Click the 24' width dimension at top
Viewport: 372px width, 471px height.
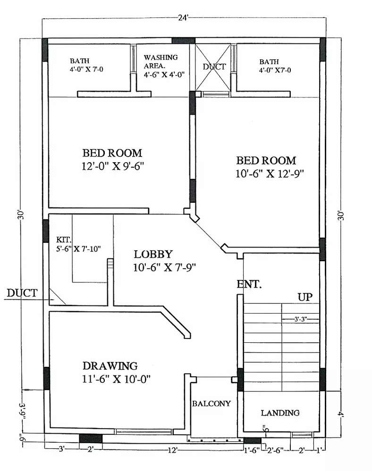(183, 18)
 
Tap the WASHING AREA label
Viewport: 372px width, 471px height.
(161, 61)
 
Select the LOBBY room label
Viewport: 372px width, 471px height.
(153, 254)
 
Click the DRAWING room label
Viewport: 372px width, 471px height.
(110, 365)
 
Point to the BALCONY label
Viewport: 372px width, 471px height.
(211, 404)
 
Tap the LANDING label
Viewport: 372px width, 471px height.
(280, 413)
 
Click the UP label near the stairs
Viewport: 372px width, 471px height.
(305, 297)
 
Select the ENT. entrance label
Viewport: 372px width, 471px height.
(249, 284)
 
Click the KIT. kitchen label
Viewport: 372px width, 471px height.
(64, 240)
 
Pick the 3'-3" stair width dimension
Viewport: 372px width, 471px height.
(300, 319)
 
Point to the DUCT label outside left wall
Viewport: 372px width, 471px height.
(22, 293)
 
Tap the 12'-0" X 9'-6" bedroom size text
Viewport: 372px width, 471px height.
(113, 166)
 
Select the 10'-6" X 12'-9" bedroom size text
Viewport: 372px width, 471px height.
(270, 174)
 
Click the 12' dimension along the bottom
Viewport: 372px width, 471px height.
(173, 450)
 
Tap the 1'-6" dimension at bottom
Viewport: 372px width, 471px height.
(252, 450)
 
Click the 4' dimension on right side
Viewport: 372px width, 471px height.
(341, 414)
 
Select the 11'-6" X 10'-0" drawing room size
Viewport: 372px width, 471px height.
(116, 379)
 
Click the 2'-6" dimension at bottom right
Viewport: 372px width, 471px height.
(276, 450)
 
